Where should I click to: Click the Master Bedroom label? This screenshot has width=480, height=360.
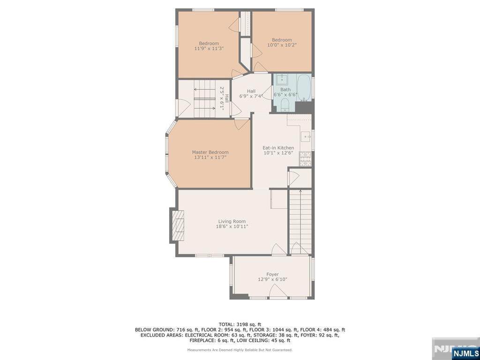(210, 152)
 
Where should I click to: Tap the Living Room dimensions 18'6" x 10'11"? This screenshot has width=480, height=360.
(232, 226)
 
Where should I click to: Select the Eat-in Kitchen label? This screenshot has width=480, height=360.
(278, 148)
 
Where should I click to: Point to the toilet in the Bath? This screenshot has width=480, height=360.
(285, 105)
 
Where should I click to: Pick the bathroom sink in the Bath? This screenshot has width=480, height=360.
(282, 80)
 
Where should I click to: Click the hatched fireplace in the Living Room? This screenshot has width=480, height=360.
(178, 225)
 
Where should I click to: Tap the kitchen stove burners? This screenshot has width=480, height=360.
(305, 159)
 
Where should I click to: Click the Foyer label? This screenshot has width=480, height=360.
(272, 274)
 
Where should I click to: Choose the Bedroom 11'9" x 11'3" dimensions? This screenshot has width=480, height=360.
(209, 48)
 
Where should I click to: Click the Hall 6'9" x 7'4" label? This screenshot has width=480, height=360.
(251, 93)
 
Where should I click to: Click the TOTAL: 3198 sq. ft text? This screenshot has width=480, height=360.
(240, 324)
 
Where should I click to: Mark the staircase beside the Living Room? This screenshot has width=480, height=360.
(300, 222)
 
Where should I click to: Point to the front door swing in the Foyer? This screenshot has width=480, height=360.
(278, 291)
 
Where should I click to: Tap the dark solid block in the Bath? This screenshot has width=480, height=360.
(303, 107)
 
